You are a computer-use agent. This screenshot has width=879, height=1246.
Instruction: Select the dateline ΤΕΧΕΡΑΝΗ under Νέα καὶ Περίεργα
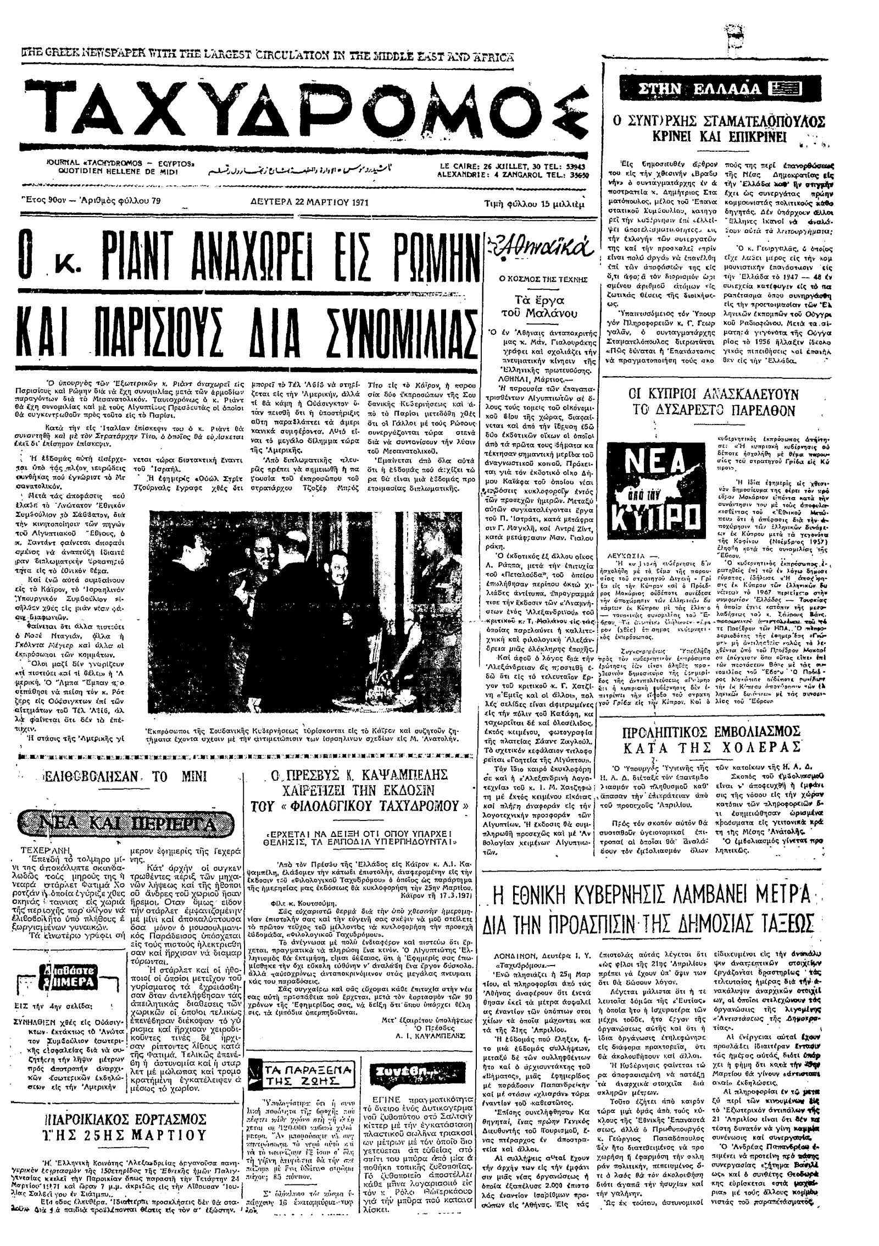[41, 850]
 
